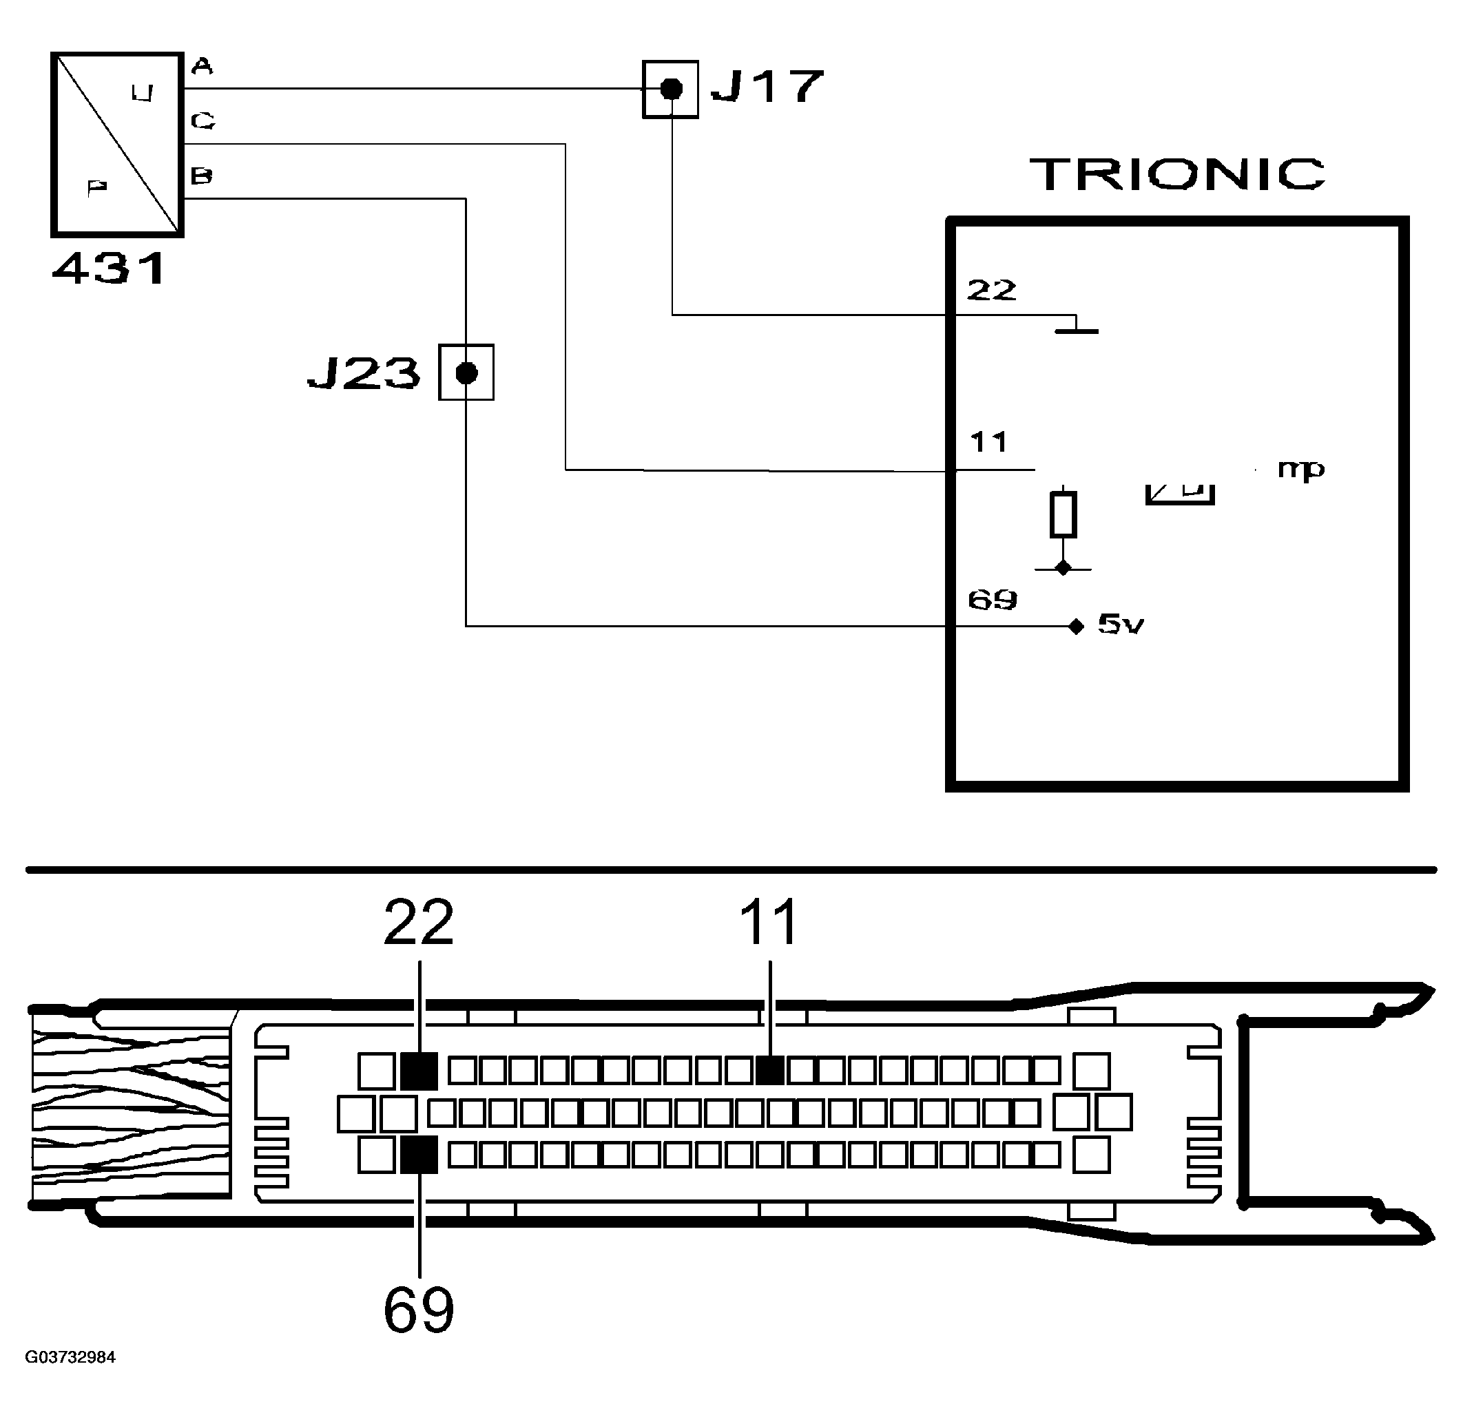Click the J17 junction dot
(672, 90)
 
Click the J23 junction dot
(466, 373)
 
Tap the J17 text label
(767, 87)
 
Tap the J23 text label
(364, 373)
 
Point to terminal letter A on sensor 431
(202, 67)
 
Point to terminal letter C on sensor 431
(203, 120)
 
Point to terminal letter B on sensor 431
(202, 176)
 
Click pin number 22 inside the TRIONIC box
(991, 290)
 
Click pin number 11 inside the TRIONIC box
(989, 442)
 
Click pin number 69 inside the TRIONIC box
(992, 599)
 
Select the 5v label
(1121, 624)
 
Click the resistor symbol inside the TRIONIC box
(1063, 514)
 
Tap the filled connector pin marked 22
(419, 1071)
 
